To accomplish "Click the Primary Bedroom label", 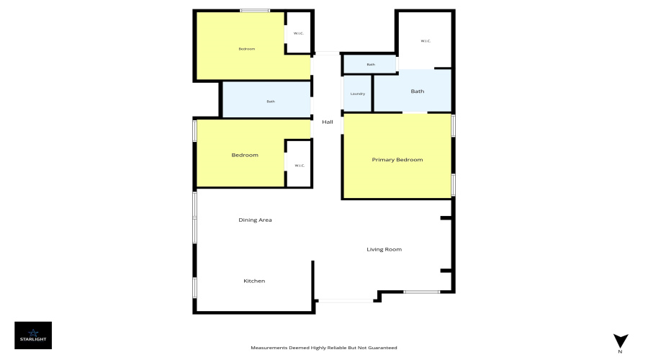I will pyautogui.click(x=397, y=159).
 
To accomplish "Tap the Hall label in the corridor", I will pyautogui.click(x=328, y=122).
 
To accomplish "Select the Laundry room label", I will pyautogui.click(x=358, y=94).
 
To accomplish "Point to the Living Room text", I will pyautogui.click(x=384, y=249).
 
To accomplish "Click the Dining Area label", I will pyautogui.click(x=255, y=220).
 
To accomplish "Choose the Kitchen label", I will pyautogui.click(x=254, y=280).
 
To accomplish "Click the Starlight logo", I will pyautogui.click(x=33, y=335).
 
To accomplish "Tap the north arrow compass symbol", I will pyautogui.click(x=620, y=341).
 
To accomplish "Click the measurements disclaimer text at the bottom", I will pyautogui.click(x=323, y=348).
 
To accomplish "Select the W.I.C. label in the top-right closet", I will pyautogui.click(x=426, y=41).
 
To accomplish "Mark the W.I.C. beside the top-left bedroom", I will pyautogui.click(x=298, y=32).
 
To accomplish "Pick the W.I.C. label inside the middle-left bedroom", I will pyautogui.click(x=299, y=166).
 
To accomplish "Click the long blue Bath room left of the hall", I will pyautogui.click(x=271, y=101).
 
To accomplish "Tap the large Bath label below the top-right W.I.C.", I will pyautogui.click(x=418, y=91).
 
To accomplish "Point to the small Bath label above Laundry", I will pyautogui.click(x=371, y=65).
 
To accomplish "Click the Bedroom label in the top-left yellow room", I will pyautogui.click(x=247, y=49).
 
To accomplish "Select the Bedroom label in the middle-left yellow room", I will pyautogui.click(x=244, y=155).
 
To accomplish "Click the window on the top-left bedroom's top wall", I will pyautogui.click(x=255, y=10).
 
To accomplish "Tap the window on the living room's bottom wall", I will pyautogui.click(x=421, y=292).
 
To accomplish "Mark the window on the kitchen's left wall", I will pyautogui.click(x=194, y=287).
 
